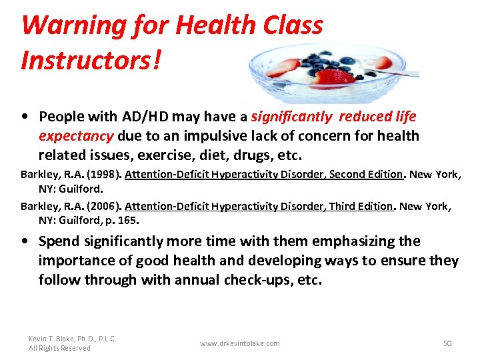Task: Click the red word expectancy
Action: tap(76, 136)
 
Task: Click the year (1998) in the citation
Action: tap(103, 175)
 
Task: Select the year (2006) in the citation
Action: tap(103, 207)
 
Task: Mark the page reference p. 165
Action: tap(126, 219)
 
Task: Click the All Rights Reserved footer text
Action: tap(59, 348)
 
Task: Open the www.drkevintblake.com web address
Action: tap(240, 343)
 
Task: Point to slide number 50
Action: tap(447, 343)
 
